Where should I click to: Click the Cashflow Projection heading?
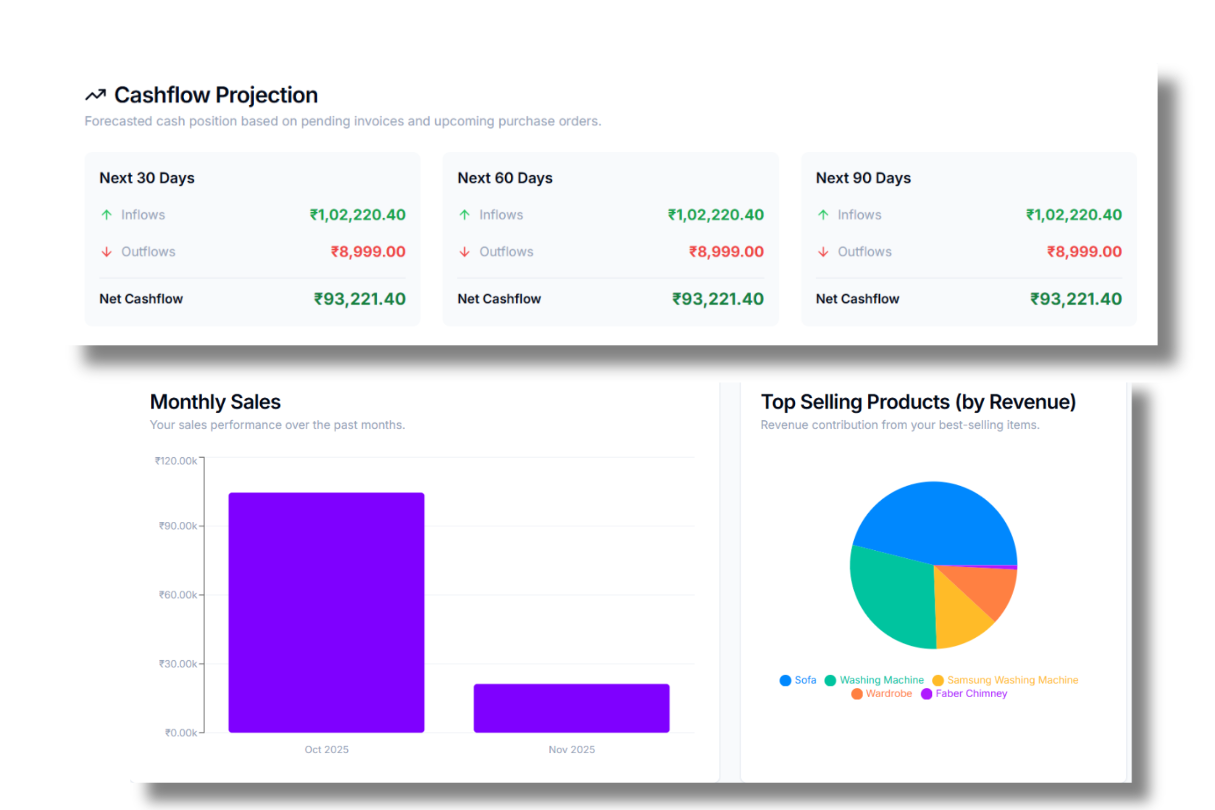point(216,95)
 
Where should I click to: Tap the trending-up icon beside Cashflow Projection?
point(96,95)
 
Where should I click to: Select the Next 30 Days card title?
point(147,178)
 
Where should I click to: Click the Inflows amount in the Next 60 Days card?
point(715,215)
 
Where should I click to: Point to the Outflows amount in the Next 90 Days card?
point(1084,252)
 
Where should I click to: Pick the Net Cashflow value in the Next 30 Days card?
point(359,299)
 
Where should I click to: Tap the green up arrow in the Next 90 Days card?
point(823,215)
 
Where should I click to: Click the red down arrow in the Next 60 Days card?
point(464,252)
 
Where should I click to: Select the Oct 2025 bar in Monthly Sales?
point(327,612)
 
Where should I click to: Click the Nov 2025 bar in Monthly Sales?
point(572,708)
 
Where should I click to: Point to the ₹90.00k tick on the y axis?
point(178,526)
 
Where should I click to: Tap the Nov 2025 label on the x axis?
point(572,750)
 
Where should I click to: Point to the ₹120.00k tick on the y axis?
point(176,461)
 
